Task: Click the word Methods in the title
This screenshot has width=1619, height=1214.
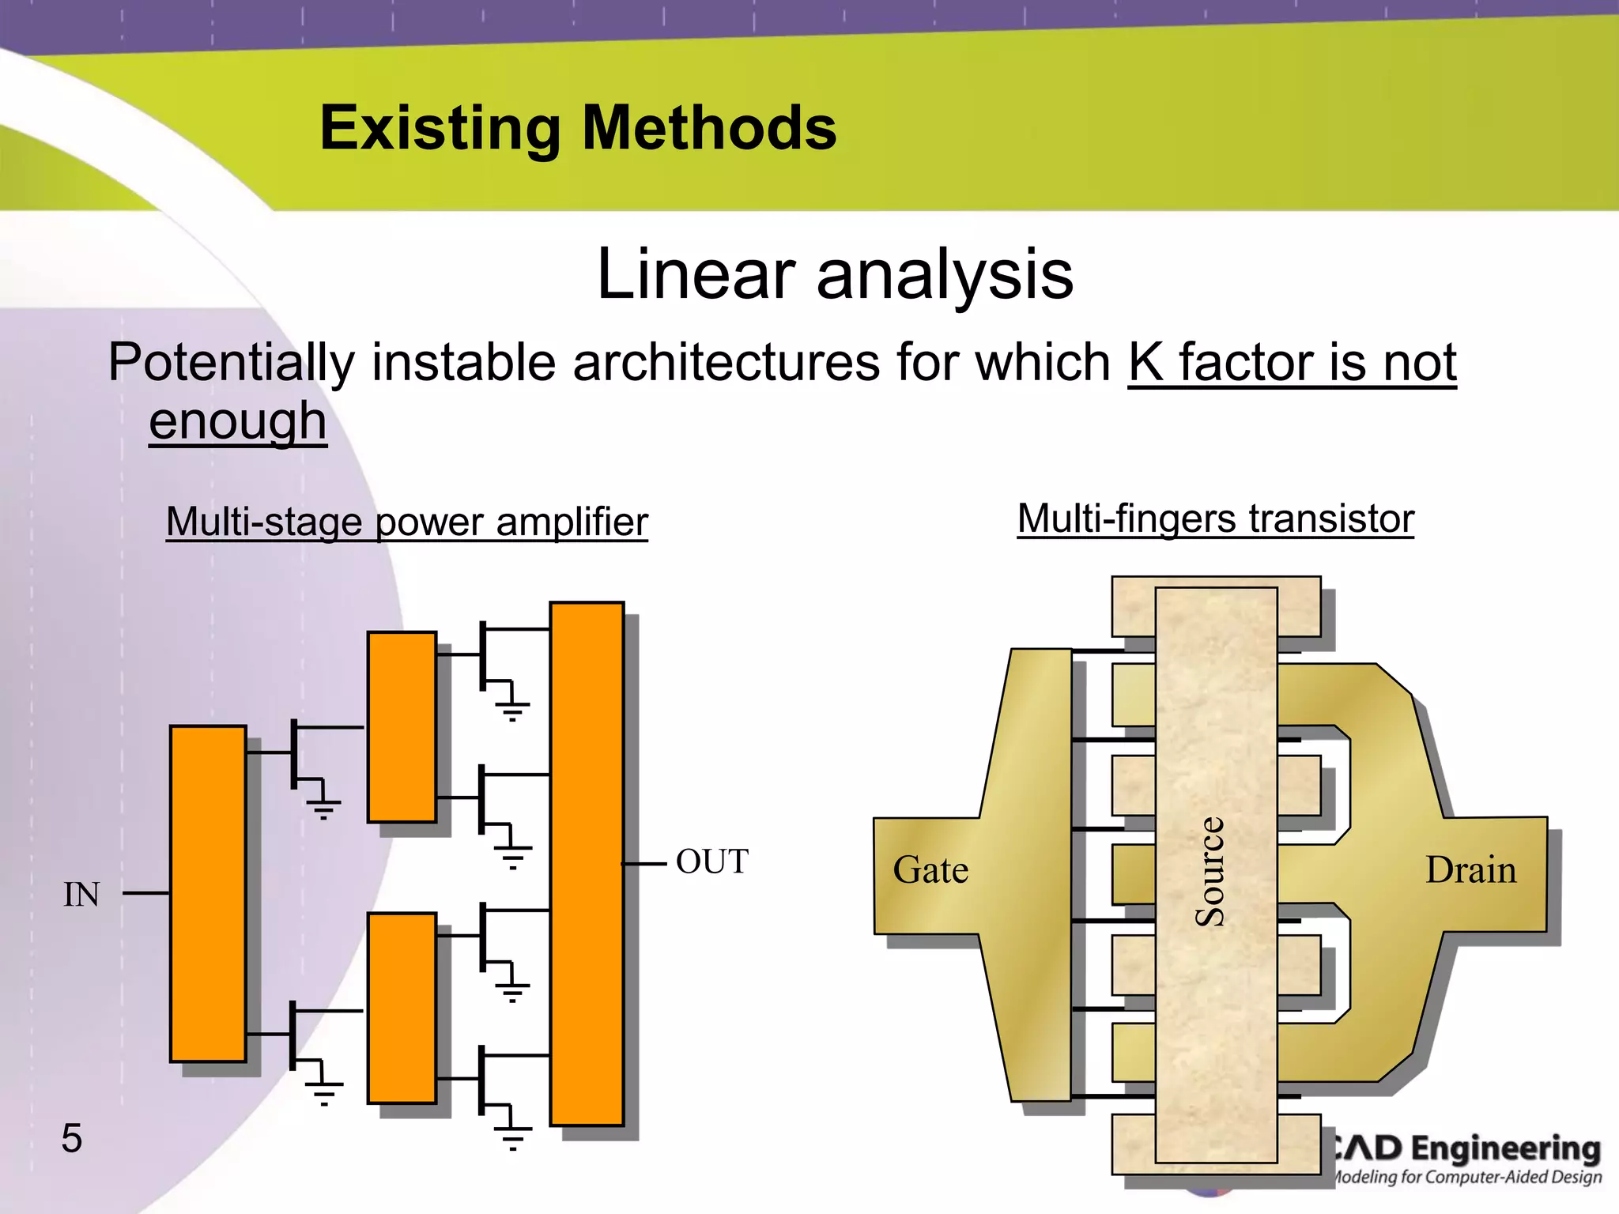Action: click(x=709, y=129)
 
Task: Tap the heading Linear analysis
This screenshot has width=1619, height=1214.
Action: click(x=835, y=274)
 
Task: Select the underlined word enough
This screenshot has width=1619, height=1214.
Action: click(x=237, y=420)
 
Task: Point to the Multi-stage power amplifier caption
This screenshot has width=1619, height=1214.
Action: click(x=406, y=522)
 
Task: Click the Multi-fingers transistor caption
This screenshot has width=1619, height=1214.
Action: click(x=1215, y=519)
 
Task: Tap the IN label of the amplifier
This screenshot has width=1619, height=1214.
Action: click(x=81, y=895)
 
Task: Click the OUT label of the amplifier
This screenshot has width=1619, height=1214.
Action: click(x=711, y=861)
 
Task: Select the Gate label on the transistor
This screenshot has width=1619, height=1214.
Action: click(x=930, y=870)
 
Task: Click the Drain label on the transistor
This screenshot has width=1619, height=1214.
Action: click(x=1470, y=870)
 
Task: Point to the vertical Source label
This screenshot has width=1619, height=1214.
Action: click(x=1210, y=871)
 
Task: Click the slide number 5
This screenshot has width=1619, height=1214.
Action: click(x=71, y=1138)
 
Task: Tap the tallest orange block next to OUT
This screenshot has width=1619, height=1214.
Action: click(x=587, y=863)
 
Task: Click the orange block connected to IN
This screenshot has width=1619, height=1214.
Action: click(x=208, y=893)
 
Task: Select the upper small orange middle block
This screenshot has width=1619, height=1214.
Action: click(x=402, y=727)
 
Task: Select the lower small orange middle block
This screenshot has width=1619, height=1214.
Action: click(x=402, y=1008)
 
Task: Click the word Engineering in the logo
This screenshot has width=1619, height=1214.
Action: click(x=1505, y=1148)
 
